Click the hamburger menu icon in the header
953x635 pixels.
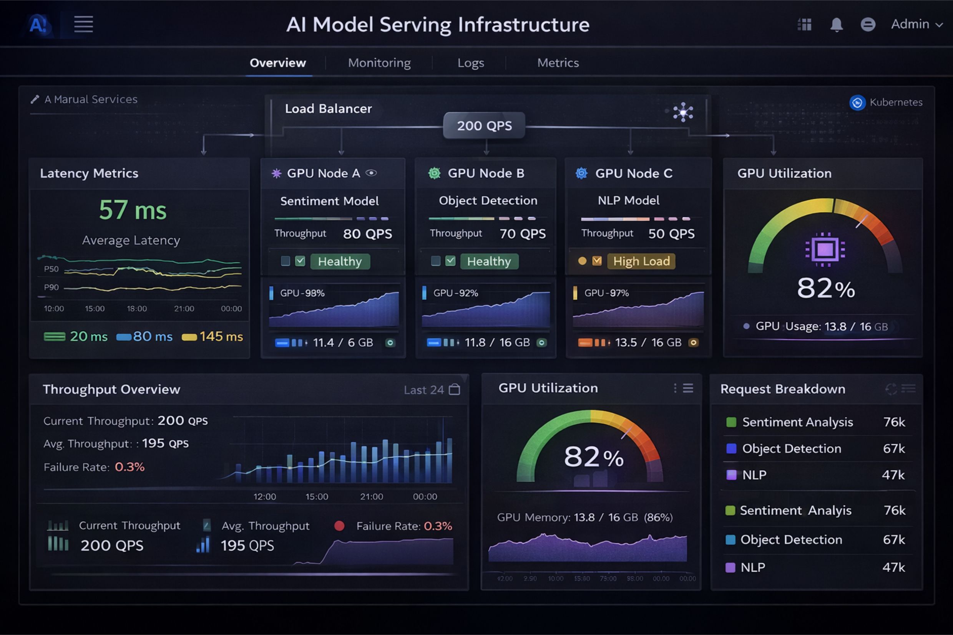83,24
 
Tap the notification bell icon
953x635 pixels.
836,25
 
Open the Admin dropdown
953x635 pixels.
916,24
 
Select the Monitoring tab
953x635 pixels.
379,63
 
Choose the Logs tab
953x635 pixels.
471,63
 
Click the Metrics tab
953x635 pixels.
558,63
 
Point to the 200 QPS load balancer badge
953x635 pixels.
484,126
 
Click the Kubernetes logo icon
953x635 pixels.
857,103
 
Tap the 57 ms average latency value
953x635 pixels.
133,210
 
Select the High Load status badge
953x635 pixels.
641,261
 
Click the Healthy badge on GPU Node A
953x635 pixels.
340,261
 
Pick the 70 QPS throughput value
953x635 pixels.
523,234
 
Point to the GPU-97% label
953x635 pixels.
606,293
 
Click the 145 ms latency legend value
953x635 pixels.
221,337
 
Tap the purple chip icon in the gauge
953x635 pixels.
825,250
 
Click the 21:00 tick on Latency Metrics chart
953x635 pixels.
184,309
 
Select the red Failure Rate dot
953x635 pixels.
339,526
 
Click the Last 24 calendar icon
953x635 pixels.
455,390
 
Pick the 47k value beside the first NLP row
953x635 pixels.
893,475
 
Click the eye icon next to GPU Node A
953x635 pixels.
371,173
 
